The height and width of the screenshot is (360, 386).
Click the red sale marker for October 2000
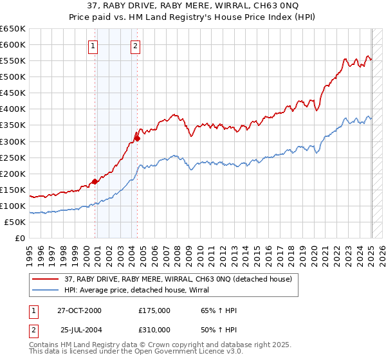(x=95, y=181)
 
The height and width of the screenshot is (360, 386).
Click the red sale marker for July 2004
(x=137, y=138)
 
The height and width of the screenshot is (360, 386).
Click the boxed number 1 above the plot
(x=94, y=45)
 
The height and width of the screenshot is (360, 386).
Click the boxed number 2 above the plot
(x=136, y=45)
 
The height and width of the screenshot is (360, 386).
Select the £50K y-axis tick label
(x=15, y=222)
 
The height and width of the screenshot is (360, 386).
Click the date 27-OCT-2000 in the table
(x=79, y=310)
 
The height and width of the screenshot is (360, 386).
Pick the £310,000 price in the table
(x=154, y=330)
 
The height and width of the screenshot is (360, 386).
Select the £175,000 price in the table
(x=154, y=310)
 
